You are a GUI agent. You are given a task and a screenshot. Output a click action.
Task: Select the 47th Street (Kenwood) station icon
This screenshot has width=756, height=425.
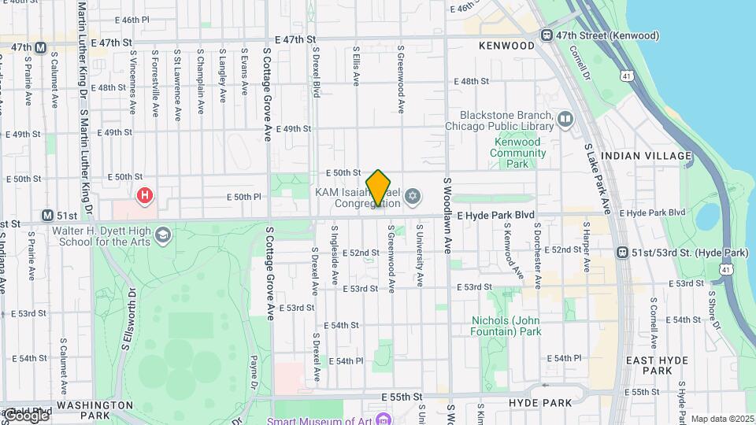point(546,35)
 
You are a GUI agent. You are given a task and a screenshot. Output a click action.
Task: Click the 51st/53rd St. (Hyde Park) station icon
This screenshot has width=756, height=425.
point(624,253)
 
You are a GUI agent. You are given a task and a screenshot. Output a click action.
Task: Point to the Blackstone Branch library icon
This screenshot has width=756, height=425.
point(565,120)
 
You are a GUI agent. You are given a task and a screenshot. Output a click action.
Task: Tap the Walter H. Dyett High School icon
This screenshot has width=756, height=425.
point(163,235)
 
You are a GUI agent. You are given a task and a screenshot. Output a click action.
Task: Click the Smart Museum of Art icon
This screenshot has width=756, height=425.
point(384,419)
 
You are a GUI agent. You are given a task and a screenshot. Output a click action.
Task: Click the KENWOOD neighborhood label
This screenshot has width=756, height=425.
point(506,46)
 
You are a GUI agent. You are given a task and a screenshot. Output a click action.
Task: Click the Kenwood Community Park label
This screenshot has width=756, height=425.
point(517,153)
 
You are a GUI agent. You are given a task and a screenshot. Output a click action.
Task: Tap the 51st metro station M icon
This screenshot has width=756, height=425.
point(47,216)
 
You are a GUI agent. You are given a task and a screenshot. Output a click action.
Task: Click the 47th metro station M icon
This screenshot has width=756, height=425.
point(39,47)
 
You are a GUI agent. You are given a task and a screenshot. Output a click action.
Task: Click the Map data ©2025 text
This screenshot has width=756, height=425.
point(722,419)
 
